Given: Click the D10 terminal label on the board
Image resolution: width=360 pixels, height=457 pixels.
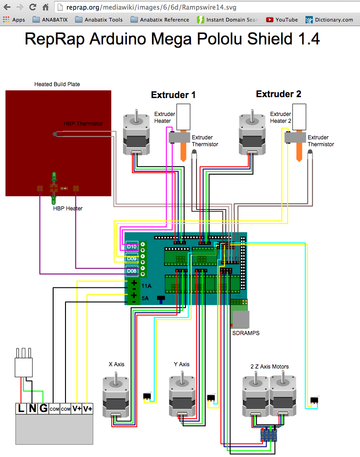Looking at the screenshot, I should point(132,247).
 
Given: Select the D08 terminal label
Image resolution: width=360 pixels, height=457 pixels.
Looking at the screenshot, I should point(132,271).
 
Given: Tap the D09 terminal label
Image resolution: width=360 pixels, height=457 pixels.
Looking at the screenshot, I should point(132,259).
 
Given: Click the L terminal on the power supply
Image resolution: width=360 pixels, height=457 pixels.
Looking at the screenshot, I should point(22,408).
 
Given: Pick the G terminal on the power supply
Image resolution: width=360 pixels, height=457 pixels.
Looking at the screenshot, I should point(43,408).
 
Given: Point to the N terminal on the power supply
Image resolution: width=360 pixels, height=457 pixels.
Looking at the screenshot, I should point(32,408).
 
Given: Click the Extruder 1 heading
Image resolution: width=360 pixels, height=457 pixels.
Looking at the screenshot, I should point(173,95).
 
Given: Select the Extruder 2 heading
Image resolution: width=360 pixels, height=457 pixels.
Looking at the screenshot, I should point(278,94).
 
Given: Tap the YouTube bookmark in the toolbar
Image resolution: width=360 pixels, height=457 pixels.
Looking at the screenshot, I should point(282,20).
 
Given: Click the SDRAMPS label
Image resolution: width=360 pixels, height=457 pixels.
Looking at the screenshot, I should point(246,333).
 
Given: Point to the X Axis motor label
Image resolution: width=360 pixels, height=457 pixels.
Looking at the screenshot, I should point(116,364).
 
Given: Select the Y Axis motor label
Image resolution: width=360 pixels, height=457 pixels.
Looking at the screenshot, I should point(181,364).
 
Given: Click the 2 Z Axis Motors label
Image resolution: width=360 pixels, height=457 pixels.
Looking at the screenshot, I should point(270,366).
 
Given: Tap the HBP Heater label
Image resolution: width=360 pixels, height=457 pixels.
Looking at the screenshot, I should point(68,209).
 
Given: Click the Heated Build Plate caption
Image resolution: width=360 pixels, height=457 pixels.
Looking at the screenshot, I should point(57,84).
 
